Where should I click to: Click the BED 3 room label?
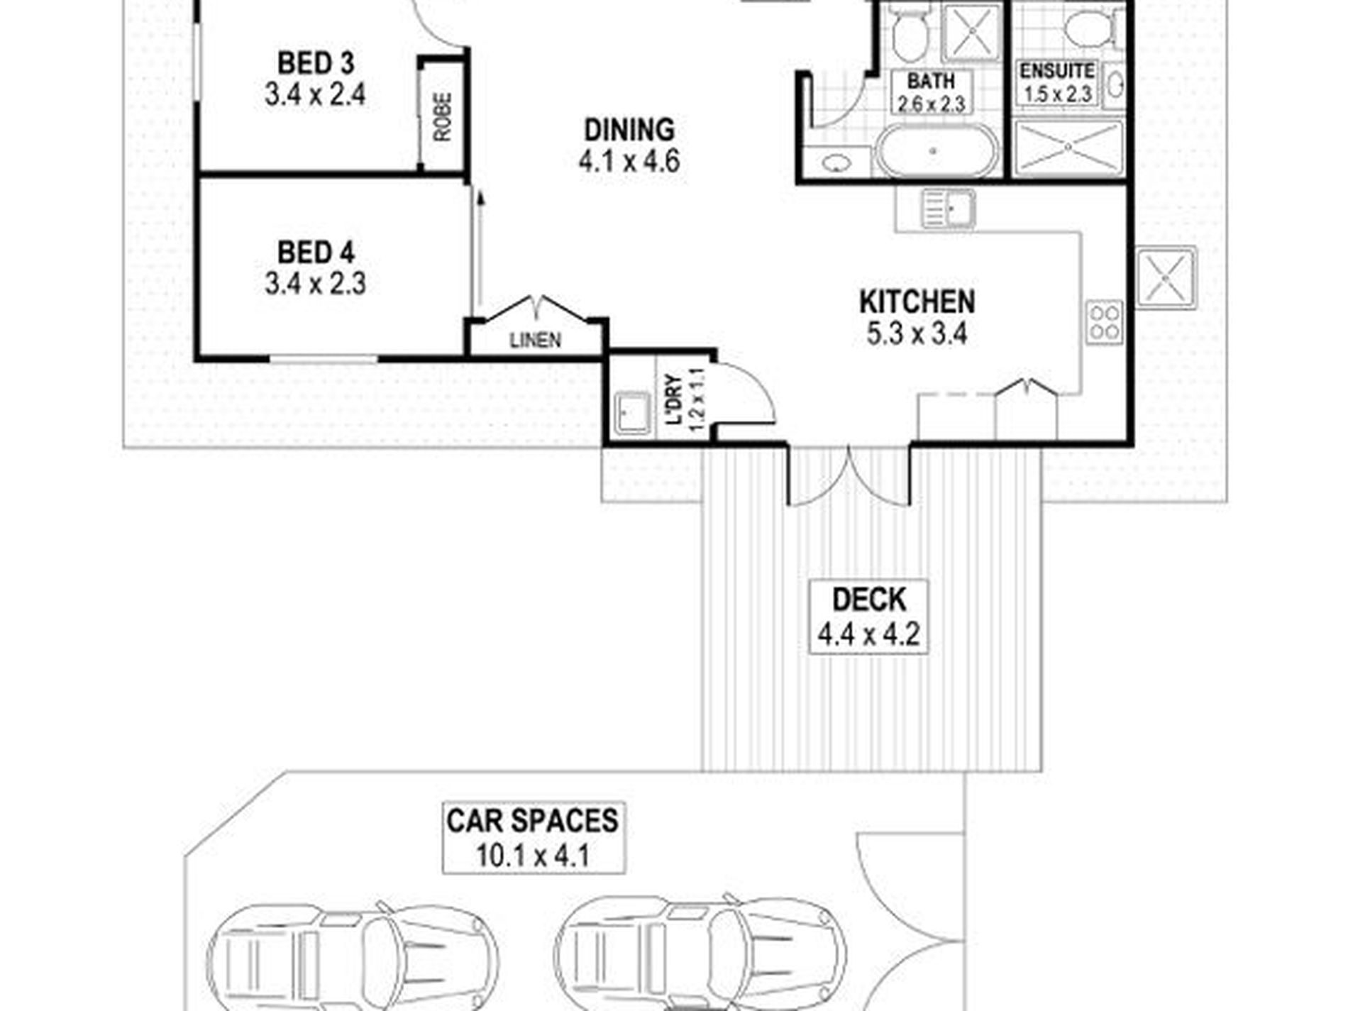[316, 63]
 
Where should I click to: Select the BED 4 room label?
[316, 253]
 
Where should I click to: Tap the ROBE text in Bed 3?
[442, 117]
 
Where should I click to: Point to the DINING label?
[629, 130]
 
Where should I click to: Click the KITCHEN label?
[917, 302]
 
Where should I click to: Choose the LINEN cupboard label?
[536, 341]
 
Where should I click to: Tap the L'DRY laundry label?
[673, 399]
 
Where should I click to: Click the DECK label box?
[869, 617]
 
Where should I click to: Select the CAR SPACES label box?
[534, 837]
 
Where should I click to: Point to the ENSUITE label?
[1056, 71]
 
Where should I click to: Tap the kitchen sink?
[949, 209]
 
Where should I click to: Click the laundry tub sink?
[632, 413]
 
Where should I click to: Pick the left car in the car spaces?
[353, 958]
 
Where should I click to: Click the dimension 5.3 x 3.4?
[917, 333]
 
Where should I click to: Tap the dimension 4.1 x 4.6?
[629, 162]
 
